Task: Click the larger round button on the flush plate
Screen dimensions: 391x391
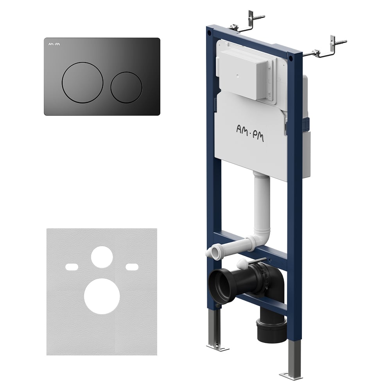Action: tap(83, 83)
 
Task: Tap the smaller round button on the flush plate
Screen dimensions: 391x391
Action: tap(126, 87)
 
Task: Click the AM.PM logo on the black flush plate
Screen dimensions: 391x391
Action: tap(54, 45)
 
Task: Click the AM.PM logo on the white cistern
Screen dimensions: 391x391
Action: tap(250, 133)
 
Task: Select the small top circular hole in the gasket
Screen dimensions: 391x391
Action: tap(102, 257)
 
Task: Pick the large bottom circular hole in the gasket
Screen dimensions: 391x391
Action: tap(102, 296)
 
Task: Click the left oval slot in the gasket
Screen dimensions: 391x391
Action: tap(72, 267)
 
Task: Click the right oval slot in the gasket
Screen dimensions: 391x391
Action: tap(132, 267)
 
